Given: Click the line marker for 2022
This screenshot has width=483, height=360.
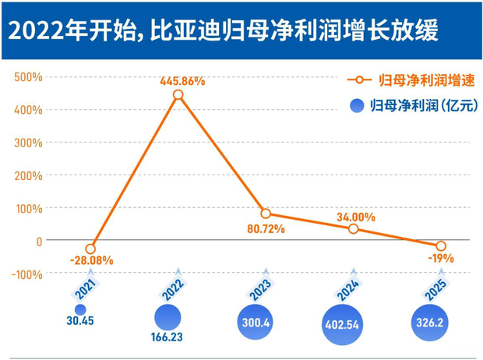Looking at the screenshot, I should coord(178,94).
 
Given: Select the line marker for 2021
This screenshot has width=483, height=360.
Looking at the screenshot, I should coord(90,249).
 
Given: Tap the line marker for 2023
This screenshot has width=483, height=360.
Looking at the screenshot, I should coord(266,214).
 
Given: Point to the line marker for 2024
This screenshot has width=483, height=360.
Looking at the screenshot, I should coord(354,229).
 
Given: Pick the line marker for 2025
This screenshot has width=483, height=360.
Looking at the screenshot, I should coord(441,246).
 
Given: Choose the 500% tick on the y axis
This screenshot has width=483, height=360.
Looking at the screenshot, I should coord(26,77).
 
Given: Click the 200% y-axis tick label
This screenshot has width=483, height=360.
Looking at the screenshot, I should coord(26,175).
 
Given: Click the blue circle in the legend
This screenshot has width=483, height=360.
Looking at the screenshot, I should coord(358,105).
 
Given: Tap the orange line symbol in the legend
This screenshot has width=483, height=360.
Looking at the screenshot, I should coord(358,80).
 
